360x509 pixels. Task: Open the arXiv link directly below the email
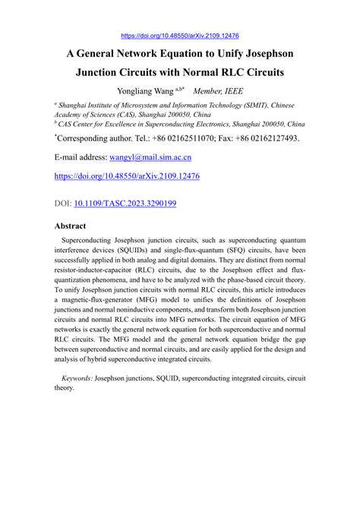pyautogui.click(x=127, y=176)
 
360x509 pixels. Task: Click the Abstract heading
pyautogui.click(x=70, y=226)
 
